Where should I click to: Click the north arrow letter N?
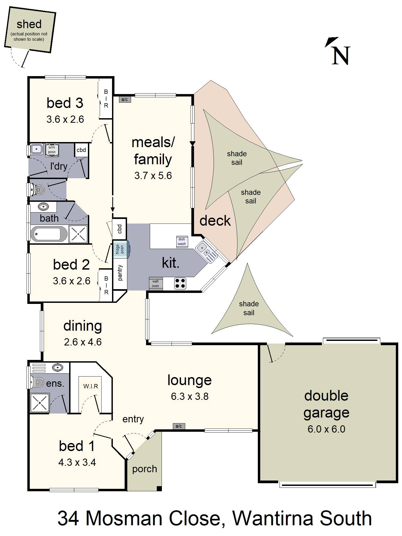click(x=341, y=56)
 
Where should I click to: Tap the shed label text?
click(x=29, y=24)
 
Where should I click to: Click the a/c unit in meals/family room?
click(x=125, y=99)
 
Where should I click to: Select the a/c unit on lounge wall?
click(x=179, y=426)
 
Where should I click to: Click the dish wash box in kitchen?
click(x=182, y=241)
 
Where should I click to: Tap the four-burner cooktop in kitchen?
click(x=180, y=284)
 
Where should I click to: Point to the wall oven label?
click(x=155, y=284)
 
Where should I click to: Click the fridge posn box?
click(x=120, y=249)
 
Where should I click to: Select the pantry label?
click(x=120, y=273)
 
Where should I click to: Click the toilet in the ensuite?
click(x=37, y=382)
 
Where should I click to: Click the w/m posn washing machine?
click(x=52, y=150)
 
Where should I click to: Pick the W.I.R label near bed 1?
click(x=91, y=386)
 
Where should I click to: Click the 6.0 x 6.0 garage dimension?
click(x=326, y=429)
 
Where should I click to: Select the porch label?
click(x=144, y=469)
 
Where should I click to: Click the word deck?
click(x=215, y=221)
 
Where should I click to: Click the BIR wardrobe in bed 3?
click(x=106, y=99)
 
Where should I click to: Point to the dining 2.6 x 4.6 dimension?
click(x=83, y=342)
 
